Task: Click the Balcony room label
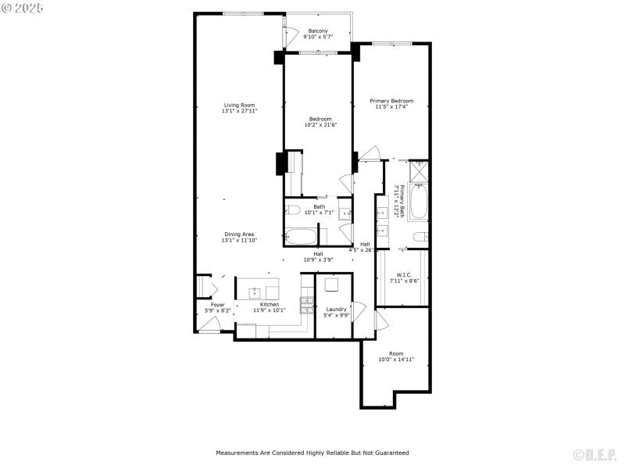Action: coord(318,30)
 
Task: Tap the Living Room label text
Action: coord(239,105)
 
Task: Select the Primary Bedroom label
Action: coord(391,101)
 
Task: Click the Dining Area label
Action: coord(239,234)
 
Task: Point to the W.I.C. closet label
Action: coord(404,274)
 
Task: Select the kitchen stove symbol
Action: coord(307,305)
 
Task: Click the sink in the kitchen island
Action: coord(254,293)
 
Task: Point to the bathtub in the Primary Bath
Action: coord(419,202)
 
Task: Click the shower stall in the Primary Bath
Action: coord(419,170)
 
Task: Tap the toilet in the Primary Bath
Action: coord(419,236)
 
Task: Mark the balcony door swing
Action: coord(290,35)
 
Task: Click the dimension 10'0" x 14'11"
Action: coord(396,360)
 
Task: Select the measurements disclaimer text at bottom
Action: coord(312,453)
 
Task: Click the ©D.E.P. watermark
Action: coord(594,454)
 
